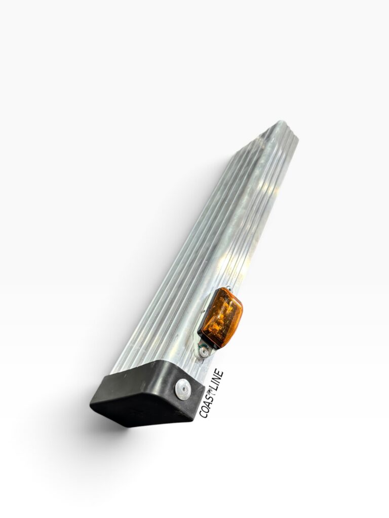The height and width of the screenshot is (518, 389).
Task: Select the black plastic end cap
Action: (x=147, y=393)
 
